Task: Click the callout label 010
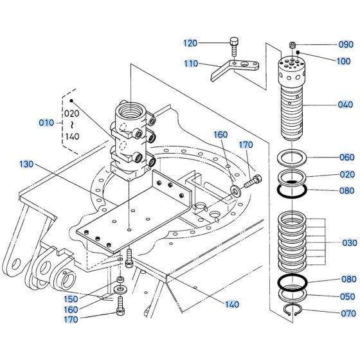pos(46,122)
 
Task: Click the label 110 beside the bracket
pos(191,64)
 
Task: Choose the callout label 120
pos(191,43)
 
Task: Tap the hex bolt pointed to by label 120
pos(233,46)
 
